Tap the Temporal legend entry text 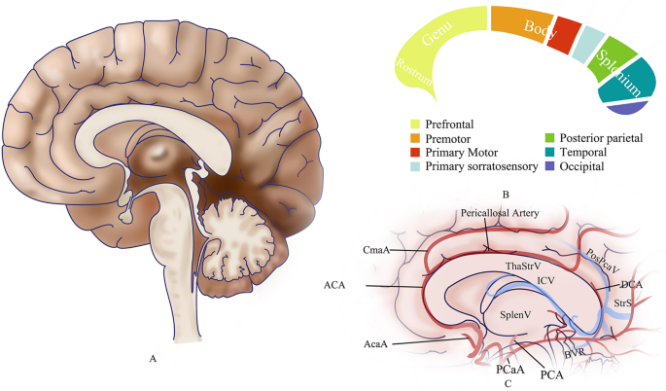tap(588, 153)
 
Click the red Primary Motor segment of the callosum tap(564, 37)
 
